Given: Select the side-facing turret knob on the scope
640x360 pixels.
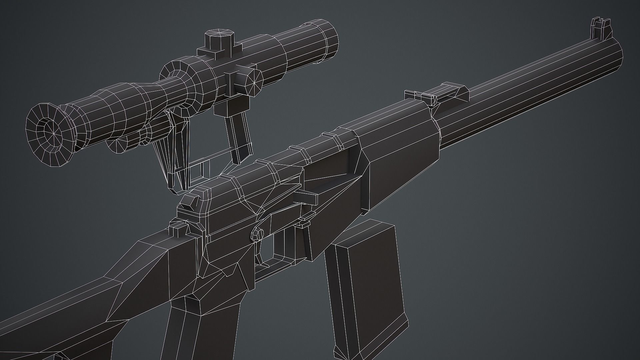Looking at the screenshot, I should coord(252,81).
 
